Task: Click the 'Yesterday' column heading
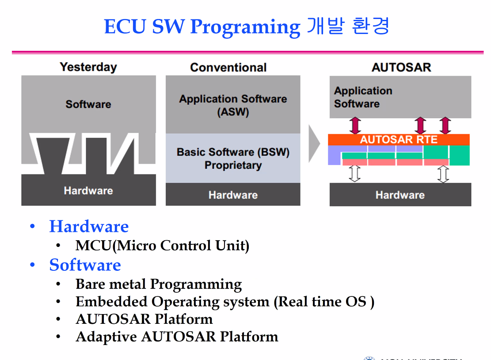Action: click(x=88, y=67)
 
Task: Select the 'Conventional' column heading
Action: click(x=228, y=68)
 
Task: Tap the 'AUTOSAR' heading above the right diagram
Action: click(x=401, y=67)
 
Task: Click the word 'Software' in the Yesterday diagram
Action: click(x=88, y=105)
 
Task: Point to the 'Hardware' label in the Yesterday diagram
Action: click(x=88, y=191)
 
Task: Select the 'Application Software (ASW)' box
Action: click(x=233, y=105)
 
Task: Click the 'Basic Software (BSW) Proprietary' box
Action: click(x=233, y=159)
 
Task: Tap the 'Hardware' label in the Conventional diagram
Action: click(x=233, y=195)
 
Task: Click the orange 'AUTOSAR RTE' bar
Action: click(x=399, y=140)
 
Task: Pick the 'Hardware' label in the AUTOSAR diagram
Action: click(x=400, y=195)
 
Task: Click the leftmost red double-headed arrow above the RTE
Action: click(x=355, y=125)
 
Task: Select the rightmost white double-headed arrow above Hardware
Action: click(x=443, y=174)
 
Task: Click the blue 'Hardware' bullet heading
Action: click(x=89, y=227)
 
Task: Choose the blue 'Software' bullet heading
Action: click(x=85, y=265)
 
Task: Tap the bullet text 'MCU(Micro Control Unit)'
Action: click(x=162, y=245)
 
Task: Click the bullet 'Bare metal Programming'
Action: click(x=159, y=284)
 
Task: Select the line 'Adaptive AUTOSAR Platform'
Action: click(x=177, y=337)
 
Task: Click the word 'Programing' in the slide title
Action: click(x=245, y=27)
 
